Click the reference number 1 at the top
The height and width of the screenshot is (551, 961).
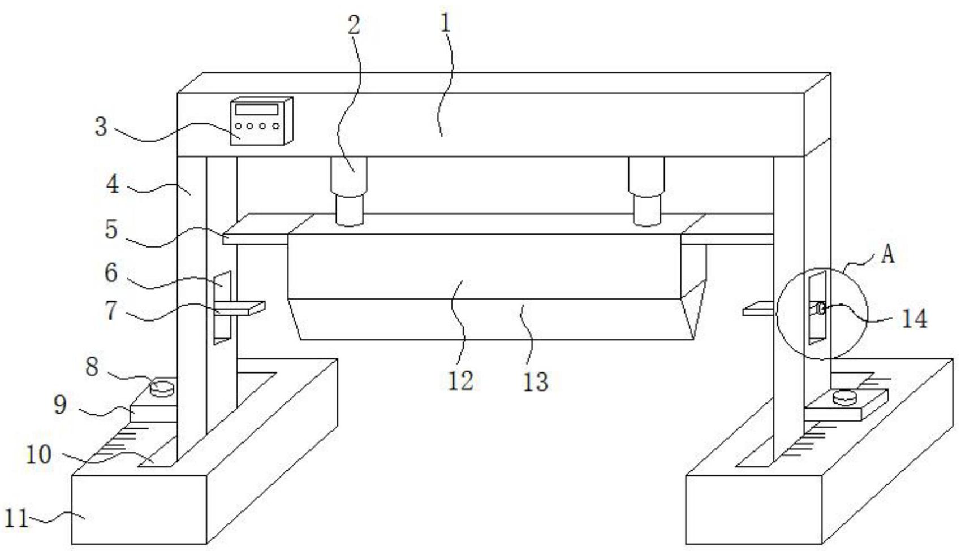[446, 23]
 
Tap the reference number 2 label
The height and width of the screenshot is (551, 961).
[354, 25]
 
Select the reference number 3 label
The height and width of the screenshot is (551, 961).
[101, 127]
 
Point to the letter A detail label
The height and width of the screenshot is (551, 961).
[887, 255]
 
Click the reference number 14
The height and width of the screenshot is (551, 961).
[914, 319]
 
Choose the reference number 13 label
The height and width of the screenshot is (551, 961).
[535, 382]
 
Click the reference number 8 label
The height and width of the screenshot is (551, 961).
[92, 367]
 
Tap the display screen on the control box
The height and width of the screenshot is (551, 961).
[257, 109]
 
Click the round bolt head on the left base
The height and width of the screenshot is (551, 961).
[162, 388]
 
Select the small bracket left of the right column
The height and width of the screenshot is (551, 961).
[758, 309]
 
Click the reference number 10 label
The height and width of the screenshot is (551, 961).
[38, 455]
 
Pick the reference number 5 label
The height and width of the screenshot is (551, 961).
[111, 230]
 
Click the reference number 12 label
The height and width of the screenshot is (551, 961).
[460, 381]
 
